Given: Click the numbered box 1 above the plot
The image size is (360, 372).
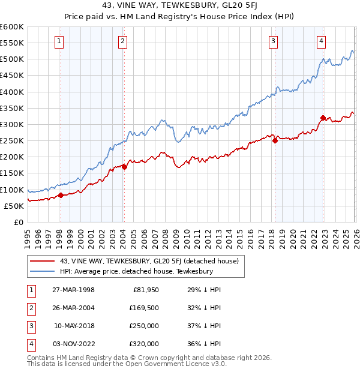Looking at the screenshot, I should pos(60,41).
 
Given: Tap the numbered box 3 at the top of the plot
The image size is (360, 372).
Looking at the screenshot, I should pos(273,41).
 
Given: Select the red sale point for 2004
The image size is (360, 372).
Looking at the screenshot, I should pos(124,167).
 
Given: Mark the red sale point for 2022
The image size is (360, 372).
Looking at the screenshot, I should pos(323,118).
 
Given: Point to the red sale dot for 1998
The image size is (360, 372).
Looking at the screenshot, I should pos(61,195).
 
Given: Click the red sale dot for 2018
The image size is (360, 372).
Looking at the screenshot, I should pos(275,141).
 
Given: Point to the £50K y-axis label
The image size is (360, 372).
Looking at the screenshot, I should pos(14,206).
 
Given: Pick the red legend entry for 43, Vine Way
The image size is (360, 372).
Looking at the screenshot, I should pos(149,261).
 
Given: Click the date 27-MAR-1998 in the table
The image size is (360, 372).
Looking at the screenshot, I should pos(73,290).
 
